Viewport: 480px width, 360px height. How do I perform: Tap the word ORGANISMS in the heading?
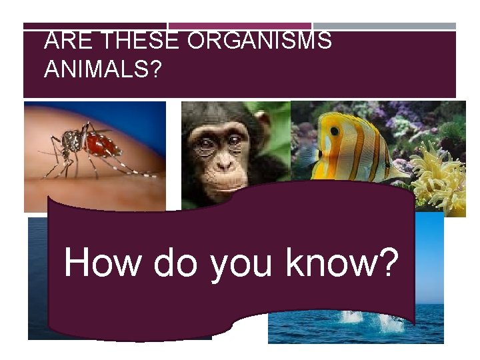(x=259, y=41)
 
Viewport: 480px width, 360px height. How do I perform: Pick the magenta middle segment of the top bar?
(x=240, y=26)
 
